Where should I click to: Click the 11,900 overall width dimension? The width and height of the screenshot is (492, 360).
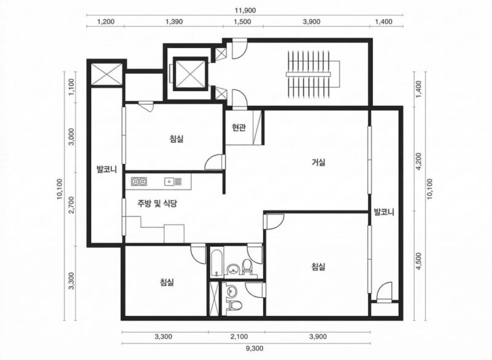[x=245, y=10]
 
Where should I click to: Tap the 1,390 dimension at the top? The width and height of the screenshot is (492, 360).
[x=174, y=22]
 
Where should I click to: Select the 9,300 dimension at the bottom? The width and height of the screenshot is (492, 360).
[x=255, y=348]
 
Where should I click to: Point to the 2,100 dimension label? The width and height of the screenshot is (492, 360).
[x=239, y=337]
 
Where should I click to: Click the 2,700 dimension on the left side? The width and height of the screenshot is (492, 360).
[x=71, y=205]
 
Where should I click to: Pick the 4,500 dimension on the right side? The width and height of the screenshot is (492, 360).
[x=419, y=261]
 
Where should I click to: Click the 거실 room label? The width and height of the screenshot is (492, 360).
[x=318, y=162]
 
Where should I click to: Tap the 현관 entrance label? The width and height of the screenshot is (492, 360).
[x=239, y=127]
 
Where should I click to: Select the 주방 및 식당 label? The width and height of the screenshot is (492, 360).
[x=157, y=204]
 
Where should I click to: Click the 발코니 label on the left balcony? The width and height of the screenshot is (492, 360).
[x=106, y=170]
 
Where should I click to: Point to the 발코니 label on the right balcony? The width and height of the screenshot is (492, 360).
[x=384, y=212]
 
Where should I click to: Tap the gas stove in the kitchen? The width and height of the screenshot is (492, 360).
[x=140, y=182]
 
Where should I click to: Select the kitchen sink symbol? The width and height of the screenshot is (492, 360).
[x=173, y=182]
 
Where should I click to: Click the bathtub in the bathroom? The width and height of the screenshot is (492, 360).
[x=216, y=263]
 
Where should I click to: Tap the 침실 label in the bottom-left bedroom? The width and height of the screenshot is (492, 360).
[x=167, y=282]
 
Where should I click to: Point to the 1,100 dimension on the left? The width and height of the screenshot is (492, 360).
[x=71, y=87]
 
